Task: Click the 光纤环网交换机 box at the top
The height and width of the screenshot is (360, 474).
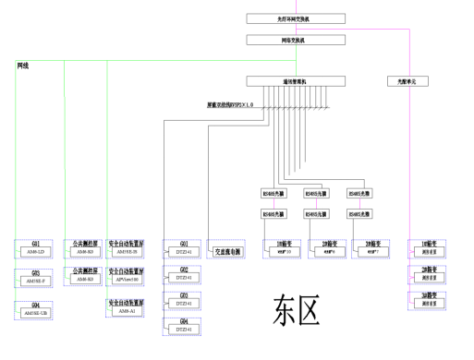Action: click(x=296, y=18)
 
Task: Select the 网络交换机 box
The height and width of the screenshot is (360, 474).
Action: click(x=296, y=40)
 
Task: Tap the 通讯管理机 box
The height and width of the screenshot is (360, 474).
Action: click(x=296, y=81)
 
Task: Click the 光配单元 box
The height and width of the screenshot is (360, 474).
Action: click(x=407, y=81)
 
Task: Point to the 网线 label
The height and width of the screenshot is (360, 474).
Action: click(x=23, y=66)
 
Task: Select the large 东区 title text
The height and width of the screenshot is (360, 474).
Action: click(x=296, y=311)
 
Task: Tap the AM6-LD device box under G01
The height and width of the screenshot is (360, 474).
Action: click(x=36, y=252)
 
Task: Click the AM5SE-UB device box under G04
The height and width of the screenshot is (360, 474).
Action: click(x=36, y=312)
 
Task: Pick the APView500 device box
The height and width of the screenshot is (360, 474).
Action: click(x=126, y=279)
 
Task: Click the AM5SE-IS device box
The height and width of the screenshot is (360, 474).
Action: click(x=126, y=252)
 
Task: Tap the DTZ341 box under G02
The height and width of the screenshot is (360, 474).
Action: click(x=185, y=277)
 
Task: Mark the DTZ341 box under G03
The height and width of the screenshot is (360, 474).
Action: click(x=185, y=303)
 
